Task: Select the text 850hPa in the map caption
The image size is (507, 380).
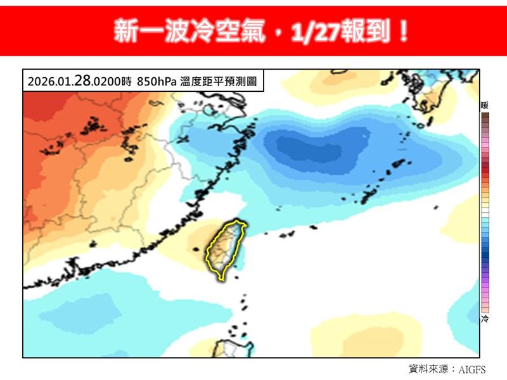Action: point(157,82)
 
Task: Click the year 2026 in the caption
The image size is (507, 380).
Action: point(39,82)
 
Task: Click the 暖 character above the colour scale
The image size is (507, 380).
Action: point(484,106)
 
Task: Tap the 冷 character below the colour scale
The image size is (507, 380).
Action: point(484,319)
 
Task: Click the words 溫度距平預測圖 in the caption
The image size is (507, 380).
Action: point(217,82)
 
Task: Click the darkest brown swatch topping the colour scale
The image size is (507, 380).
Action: point(484,117)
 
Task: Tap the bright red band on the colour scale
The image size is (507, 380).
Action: point(484,168)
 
